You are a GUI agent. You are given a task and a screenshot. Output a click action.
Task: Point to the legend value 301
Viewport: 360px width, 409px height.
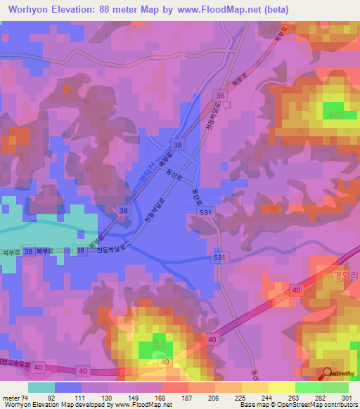point(341,397)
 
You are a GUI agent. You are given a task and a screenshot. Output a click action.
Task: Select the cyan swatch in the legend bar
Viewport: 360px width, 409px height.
point(41,387)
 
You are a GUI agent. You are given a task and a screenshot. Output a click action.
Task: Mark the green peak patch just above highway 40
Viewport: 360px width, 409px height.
point(155,349)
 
